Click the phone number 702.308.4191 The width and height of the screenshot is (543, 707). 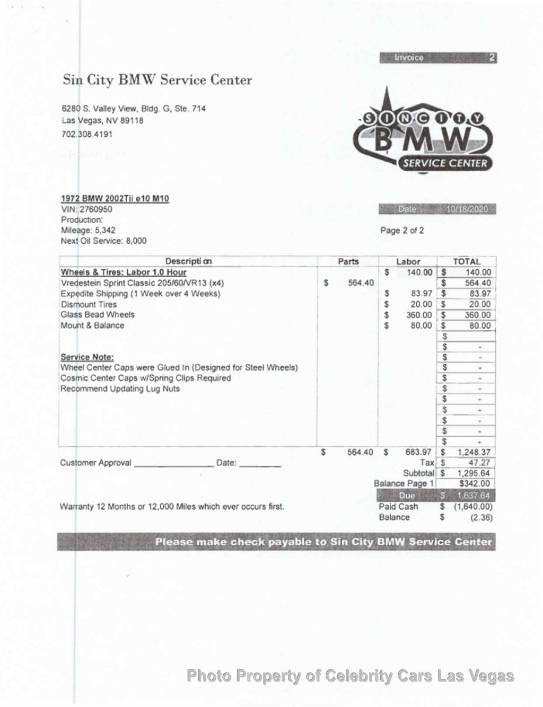[87, 134]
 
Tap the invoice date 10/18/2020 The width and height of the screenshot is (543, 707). [467, 209]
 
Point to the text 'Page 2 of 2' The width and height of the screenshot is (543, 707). [402, 231]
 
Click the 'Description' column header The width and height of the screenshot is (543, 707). [188, 261]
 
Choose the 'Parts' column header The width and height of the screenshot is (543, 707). [348, 261]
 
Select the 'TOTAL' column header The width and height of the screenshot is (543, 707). [466, 261]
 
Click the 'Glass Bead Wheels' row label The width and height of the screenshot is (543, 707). [98, 315]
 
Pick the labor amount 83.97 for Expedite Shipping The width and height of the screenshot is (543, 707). [421, 294]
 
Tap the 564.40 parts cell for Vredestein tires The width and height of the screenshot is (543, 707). [360, 283]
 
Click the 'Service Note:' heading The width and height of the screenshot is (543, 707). [87, 357]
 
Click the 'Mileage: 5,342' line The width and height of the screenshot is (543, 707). [88, 231]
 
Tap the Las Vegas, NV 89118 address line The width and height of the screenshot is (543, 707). [102, 120]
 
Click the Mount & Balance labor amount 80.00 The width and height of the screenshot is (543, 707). [421, 325]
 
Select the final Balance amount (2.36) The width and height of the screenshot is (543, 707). [481, 517]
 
